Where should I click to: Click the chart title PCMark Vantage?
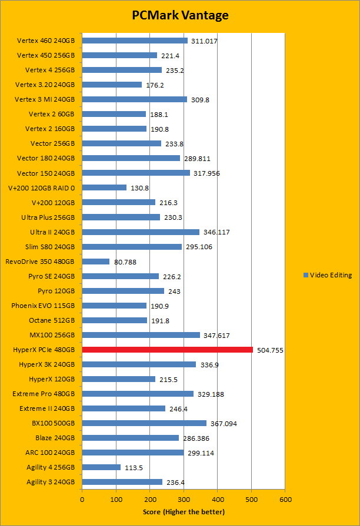click(x=179, y=15)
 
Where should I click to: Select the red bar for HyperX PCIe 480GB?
click(x=167, y=350)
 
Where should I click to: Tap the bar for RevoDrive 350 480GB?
click(x=95, y=262)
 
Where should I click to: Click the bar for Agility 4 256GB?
click(x=101, y=467)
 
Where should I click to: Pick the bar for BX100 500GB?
click(x=144, y=423)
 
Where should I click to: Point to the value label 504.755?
click(x=271, y=350)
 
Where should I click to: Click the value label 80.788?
click(x=125, y=262)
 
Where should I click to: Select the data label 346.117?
click(x=216, y=232)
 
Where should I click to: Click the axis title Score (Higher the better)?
click(x=184, y=512)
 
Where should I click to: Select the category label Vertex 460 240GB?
click(x=46, y=41)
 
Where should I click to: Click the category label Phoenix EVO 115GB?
click(x=43, y=306)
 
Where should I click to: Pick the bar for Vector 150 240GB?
click(x=136, y=173)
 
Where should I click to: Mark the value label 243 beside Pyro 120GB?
click(x=174, y=291)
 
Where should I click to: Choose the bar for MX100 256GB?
click(x=141, y=335)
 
